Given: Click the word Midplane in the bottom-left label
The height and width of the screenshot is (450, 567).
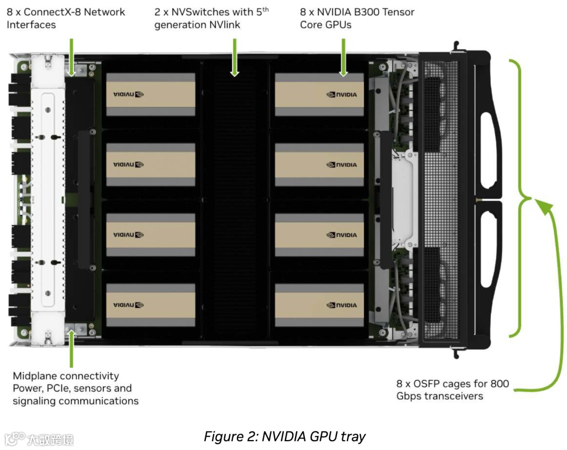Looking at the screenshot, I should [36, 376].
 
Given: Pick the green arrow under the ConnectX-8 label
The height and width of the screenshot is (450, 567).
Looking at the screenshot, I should [71, 57].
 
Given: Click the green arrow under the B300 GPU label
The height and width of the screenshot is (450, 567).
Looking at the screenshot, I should [343, 57].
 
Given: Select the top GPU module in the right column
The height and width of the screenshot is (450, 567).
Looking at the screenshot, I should [319, 94].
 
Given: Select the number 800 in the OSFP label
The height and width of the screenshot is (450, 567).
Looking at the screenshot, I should [499, 383].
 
